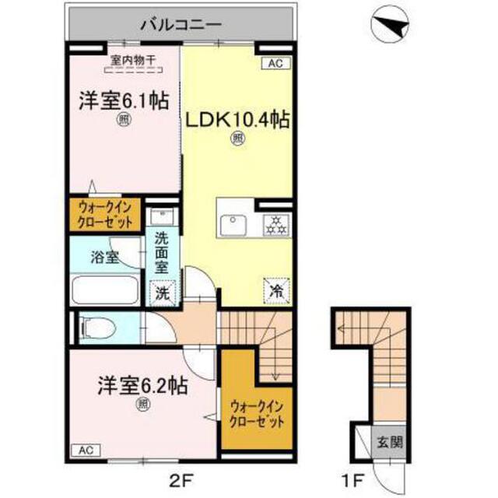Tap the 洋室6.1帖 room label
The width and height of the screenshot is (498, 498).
pyautogui.click(x=122, y=100)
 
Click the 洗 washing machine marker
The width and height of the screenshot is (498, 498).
pyautogui.click(x=162, y=293)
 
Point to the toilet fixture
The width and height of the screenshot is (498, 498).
pyautogui.click(x=100, y=327)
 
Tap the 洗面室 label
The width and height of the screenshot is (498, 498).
pyautogui.click(x=163, y=253)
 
